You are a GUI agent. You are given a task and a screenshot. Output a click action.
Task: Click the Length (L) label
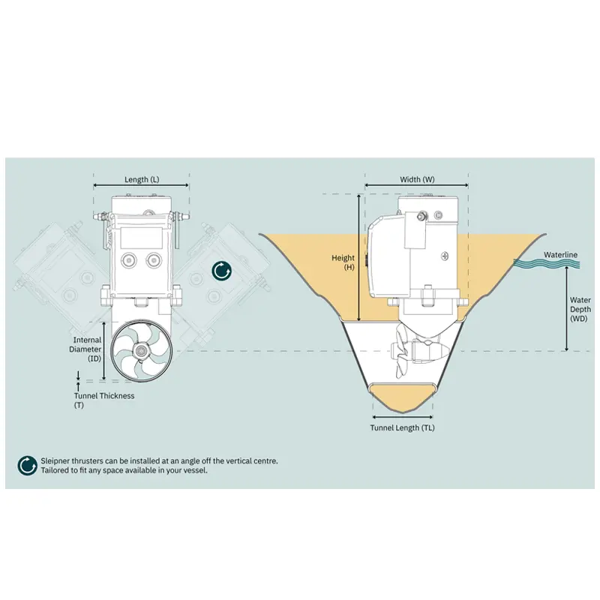(x=142, y=179)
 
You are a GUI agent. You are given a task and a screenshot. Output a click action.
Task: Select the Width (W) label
(x=417, y=179)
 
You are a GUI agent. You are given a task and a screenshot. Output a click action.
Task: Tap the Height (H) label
(x=343, y=262)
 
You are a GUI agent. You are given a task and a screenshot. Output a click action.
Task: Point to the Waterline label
(x=560, y=254)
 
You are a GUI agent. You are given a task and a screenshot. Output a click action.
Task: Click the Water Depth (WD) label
(x=580, y=309)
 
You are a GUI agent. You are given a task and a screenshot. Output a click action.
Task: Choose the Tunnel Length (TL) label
(x=402, y=427)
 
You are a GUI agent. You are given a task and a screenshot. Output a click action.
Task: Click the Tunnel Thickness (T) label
(x=104, y=400)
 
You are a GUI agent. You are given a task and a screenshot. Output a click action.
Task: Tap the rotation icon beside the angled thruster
(x=222, y=271)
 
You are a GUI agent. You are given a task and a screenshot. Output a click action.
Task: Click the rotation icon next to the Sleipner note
(x=27, y=466)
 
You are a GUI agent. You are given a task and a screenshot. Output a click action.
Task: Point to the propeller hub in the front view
(x=141, y=350)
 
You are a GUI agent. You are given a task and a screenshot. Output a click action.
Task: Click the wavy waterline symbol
(x=547, y=263)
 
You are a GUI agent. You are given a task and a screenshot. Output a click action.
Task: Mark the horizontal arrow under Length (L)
(x=141, y=185)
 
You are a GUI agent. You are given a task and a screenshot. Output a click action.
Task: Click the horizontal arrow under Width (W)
(x=417, y=185)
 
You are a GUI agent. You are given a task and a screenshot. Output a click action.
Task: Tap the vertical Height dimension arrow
(x=359, y=257)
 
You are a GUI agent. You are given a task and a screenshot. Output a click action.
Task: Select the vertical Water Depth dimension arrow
(x=567, y=308)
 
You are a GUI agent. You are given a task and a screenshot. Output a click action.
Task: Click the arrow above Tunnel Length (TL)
(x=403, y=417)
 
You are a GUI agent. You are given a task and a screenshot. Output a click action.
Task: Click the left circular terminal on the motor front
(x=128, y=260)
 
